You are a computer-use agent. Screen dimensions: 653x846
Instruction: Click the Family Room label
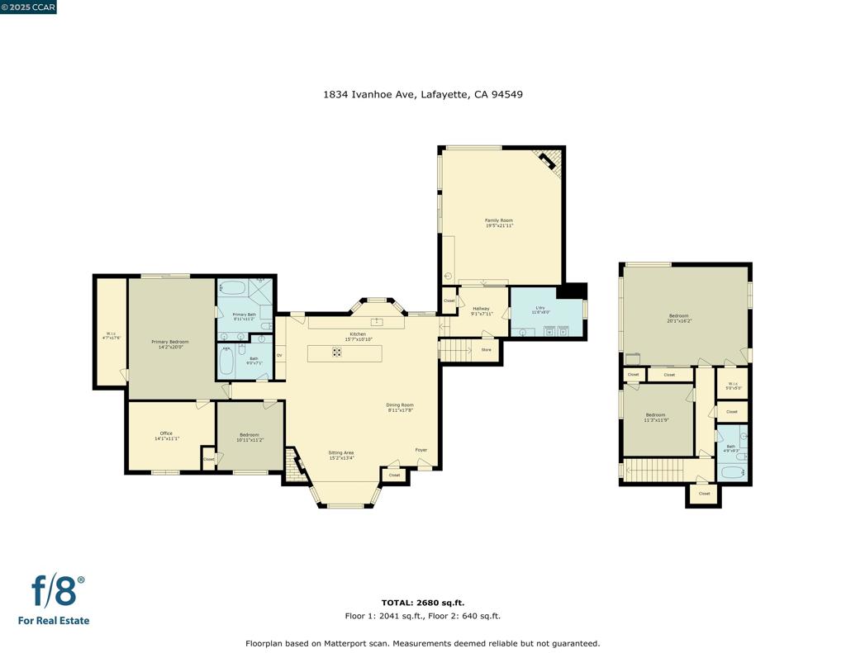(498, 223)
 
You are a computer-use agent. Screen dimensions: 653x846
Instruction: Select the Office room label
(166, 436)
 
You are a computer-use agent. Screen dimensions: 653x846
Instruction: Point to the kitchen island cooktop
(337, 353)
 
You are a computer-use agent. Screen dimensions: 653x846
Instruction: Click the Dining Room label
(400, 407)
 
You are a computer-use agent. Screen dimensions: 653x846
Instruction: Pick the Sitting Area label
(340, 455)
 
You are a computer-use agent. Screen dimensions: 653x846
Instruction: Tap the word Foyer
(421, 450)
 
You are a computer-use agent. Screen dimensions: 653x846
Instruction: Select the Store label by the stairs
(486, 350)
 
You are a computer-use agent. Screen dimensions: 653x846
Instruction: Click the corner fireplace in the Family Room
(549, 163)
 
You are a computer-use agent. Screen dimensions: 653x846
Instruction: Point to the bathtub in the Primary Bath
(234, 289)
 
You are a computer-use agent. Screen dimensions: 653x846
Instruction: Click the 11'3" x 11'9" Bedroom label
(655, 417)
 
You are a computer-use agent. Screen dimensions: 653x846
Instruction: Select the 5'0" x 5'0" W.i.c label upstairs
(732, 386)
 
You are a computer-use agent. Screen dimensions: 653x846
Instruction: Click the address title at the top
(422, 94)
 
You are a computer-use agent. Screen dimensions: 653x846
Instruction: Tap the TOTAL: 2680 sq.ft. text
(422, 603)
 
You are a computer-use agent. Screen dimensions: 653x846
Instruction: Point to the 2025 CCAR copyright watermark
(29, 7)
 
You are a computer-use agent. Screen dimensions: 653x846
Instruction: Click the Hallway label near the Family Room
(481, 310)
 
